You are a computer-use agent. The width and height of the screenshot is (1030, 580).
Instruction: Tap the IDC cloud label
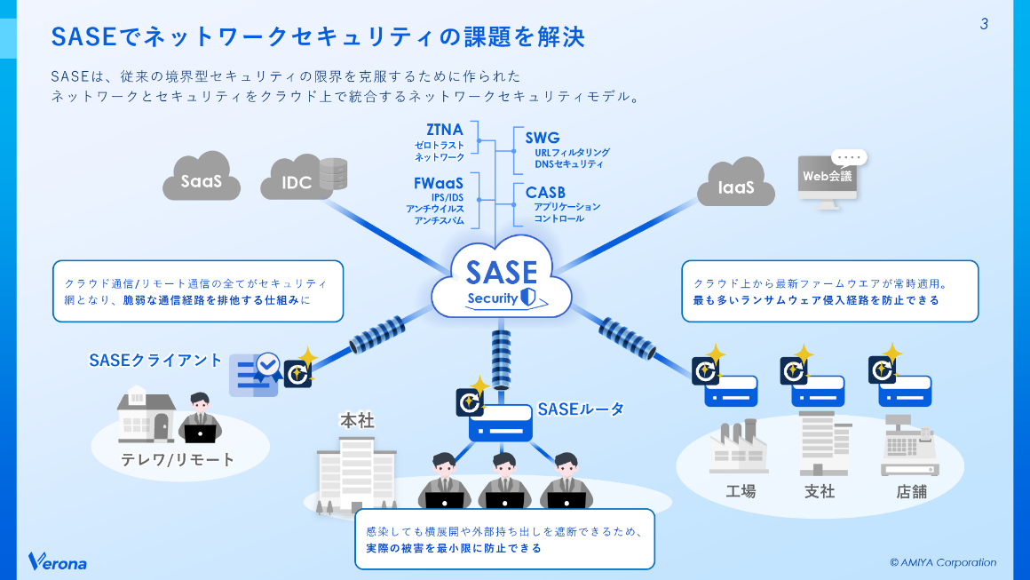tap(296, 183)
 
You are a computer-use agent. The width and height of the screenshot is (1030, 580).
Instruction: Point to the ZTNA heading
tap(444, 131)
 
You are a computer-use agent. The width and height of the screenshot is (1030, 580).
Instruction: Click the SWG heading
tap(542, 138)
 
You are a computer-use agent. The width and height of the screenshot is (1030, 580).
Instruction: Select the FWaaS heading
tap(439, 183)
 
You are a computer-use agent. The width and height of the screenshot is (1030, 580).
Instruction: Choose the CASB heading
tap(545, 193)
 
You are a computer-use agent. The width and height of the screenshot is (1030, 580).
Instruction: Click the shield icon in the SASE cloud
tap(527, 298)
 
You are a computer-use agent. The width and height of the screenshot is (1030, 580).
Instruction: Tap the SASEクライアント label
tap(155, 361)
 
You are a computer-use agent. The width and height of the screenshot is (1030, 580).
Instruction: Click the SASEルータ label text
tap(581, 409)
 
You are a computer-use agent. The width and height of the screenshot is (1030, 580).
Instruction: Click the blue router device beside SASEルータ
tap(501, 424)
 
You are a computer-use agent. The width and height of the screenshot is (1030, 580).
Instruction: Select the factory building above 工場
tap(738, 448)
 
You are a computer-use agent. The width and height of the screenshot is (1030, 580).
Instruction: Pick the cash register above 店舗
tap(909, 448)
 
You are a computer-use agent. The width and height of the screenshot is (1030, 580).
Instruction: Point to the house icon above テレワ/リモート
tap(146, 414)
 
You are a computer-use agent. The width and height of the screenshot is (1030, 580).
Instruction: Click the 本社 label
tap(357, 420)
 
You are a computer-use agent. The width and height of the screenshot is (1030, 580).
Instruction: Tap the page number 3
tap(984, 24)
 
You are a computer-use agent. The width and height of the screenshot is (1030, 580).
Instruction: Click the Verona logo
tap(57, 561)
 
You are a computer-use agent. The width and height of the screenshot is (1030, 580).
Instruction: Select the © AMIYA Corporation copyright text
tap(943, 562)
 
